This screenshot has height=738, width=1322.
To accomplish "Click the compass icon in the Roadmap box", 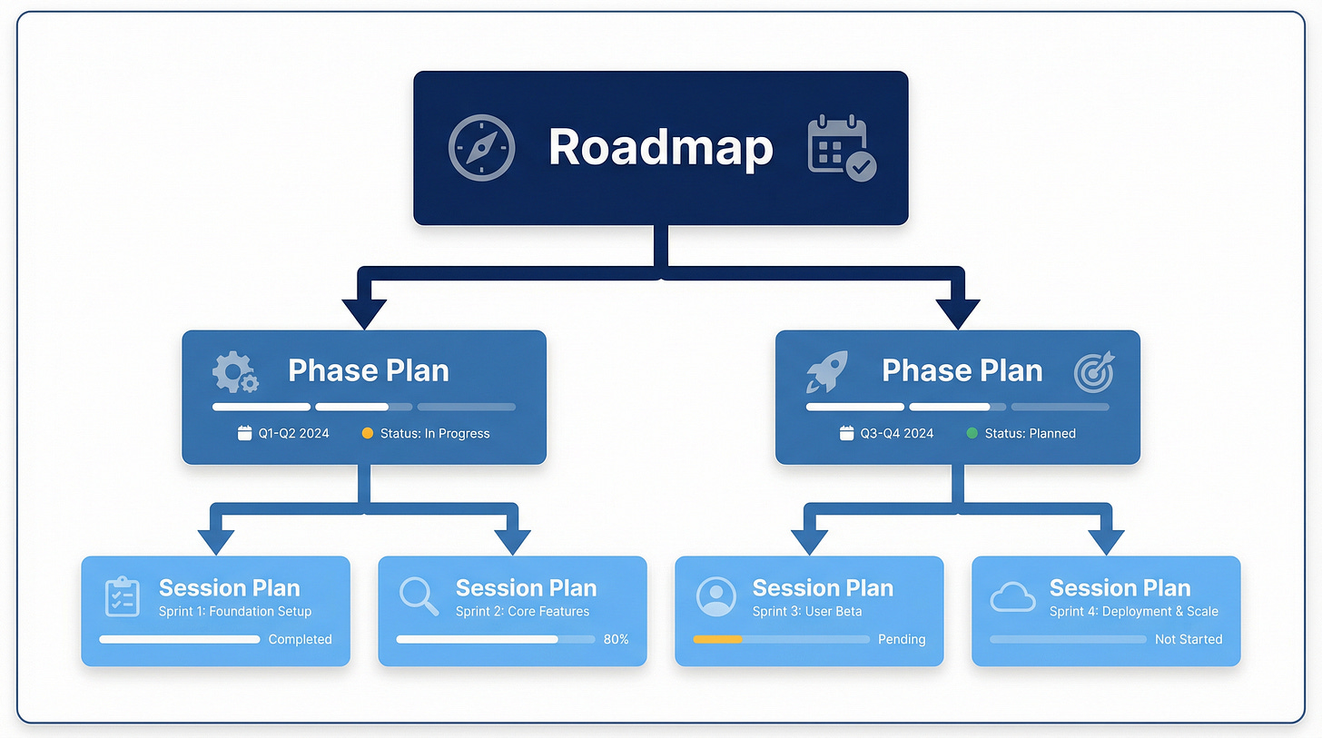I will (481, 147).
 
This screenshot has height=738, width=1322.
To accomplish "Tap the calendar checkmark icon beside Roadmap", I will (842, 147).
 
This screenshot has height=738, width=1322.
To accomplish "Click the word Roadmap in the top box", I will (660, 147).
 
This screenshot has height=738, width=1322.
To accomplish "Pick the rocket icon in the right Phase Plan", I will (826, 371).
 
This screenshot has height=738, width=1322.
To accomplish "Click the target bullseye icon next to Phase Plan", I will (1093, 371).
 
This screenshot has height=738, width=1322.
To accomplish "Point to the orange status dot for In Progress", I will (368, 434).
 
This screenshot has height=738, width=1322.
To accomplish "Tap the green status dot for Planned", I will (972, 434).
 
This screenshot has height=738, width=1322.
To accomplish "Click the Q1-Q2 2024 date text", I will (293, 434).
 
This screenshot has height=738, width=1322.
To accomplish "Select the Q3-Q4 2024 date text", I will (897, 434).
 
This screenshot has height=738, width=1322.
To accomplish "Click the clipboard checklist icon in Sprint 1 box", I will (122, 596).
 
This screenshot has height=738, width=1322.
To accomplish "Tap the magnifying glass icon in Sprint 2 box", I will (419, 595).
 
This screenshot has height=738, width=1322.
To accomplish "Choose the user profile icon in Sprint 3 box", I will (716, 596).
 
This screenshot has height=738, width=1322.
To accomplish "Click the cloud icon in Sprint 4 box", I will (1012, 596).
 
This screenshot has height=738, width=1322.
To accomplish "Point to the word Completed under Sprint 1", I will (300, 639).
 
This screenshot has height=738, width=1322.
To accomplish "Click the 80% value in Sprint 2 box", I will (616, 639).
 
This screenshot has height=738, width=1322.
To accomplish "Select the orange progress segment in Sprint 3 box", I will (717, 639).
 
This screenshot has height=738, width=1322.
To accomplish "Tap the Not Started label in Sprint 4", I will (1188, 639).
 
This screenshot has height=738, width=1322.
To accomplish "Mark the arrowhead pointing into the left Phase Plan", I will (364, 314).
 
